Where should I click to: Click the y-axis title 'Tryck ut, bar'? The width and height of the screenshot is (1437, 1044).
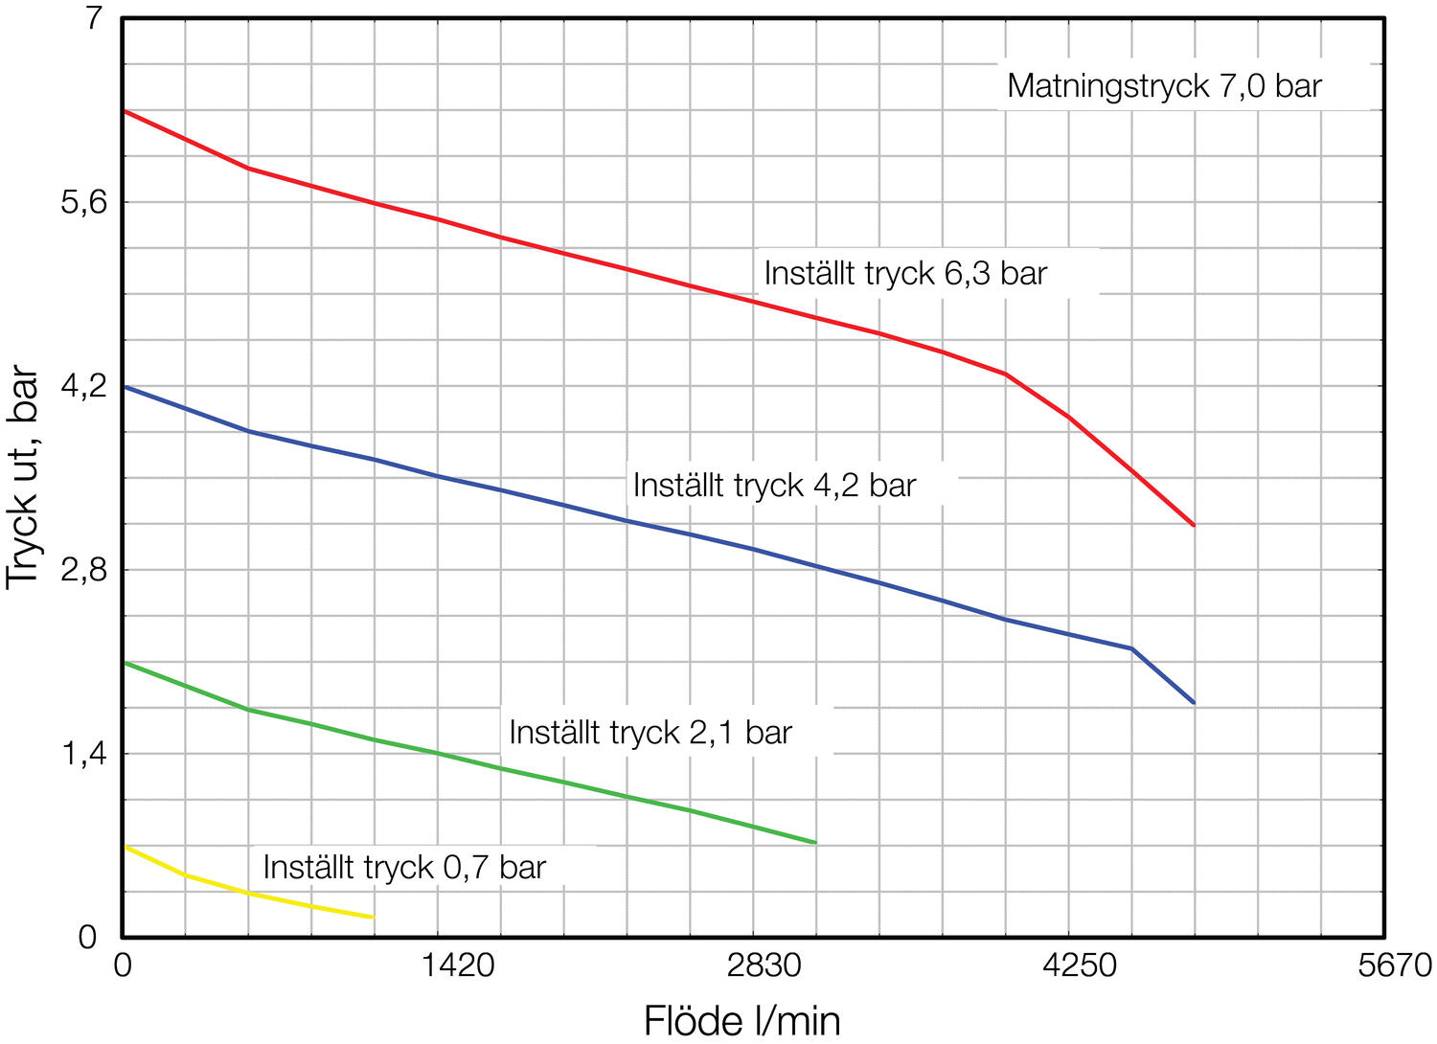click(x=23, y=478)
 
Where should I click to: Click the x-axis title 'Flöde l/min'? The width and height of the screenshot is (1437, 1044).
click(x=741, y=1021)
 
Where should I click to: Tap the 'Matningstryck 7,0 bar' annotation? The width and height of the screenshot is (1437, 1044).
click(x=1164, y=86)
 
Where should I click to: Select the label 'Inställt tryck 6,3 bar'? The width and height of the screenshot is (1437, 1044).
click(x=905, y=274)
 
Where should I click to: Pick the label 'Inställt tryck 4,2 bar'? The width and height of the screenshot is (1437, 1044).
click(x=774, y=486)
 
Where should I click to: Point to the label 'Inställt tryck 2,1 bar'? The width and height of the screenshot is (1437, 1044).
click(x=650, y=733)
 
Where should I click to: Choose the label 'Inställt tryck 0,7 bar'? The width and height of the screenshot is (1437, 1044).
click(x=404, y=868)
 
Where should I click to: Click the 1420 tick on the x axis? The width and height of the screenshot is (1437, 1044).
click(x=459, y=965)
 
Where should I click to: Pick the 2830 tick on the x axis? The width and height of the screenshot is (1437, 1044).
click(x=764, y=965)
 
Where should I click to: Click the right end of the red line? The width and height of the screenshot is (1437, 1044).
click(x=1194, y=525)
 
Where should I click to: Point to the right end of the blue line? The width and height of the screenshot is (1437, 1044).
click(x=1194, y=703)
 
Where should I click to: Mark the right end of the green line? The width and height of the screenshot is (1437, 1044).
click(x=815, y=843)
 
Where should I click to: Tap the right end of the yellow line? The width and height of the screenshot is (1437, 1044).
click(x=373, y=918)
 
